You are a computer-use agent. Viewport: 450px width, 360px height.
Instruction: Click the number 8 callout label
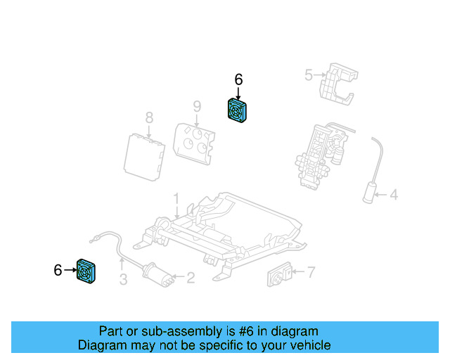click(149, 117)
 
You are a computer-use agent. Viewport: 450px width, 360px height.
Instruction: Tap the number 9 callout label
click(197, 106)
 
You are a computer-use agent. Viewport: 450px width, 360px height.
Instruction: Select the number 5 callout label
click(307, 75)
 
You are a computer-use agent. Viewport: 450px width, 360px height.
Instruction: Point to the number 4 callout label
click(394, 195)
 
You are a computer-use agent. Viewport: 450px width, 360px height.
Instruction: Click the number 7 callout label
click(311, 271)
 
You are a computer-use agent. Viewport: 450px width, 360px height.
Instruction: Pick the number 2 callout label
click(190, 278)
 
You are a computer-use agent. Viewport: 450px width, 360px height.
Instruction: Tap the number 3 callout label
click(122, 281)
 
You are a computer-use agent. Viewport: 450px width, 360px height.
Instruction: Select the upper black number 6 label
click(238, 80)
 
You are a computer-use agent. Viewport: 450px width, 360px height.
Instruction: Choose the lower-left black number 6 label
click(58, 269)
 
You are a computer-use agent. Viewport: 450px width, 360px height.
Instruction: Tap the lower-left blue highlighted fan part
click(86, 270)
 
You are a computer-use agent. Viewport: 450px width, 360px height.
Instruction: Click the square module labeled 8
click(143, 155)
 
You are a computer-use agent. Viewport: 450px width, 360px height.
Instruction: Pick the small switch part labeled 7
click(281, 276)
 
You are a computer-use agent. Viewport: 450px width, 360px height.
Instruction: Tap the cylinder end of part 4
click(370, 192)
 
